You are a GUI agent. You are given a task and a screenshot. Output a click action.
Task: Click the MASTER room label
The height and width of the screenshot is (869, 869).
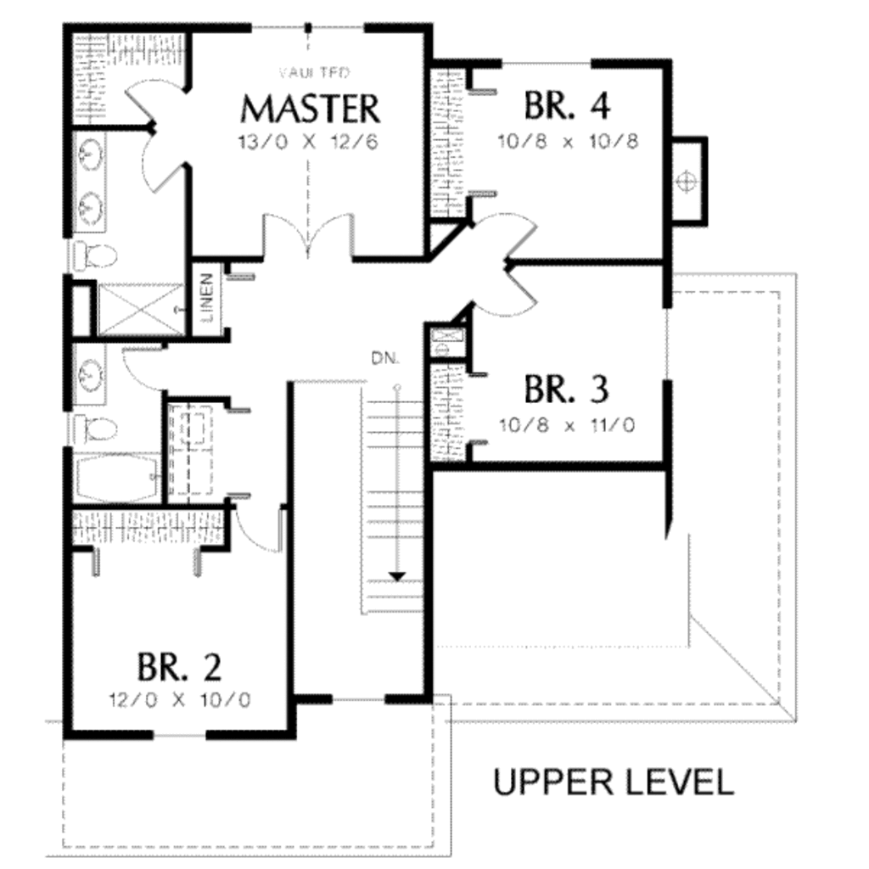(x=310, y=109)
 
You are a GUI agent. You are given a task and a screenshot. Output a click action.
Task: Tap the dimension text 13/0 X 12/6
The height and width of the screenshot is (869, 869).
(x=309, y=141)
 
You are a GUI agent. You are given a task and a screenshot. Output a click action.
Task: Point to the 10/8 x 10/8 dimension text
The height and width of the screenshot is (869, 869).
(x=568, y=140)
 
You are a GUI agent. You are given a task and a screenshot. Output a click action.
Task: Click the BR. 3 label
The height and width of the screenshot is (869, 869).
(x=566, y=390)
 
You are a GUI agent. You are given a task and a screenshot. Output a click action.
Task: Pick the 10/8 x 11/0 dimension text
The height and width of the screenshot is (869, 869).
(x=567, y=423)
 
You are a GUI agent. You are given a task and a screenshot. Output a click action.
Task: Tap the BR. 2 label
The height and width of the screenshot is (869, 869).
(x=180, y=667)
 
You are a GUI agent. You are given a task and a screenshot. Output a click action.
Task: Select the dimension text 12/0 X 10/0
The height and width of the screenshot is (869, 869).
(x=180, y=701)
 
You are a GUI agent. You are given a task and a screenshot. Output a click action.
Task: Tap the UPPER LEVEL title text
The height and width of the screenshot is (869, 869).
(x=613, y=782)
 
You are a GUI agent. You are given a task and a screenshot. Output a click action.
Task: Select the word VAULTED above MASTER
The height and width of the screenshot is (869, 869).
(x=310, y=73)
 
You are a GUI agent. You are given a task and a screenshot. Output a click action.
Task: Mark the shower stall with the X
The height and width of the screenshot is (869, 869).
(x=139, y=310)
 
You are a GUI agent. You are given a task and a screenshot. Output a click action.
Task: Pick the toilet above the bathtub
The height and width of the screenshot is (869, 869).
(x=93, y=429)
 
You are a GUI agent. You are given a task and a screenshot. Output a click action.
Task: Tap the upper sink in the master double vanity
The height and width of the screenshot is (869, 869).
(x=90, y=154)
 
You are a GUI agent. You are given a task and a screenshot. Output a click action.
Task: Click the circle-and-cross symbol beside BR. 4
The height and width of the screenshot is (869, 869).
(x=686, y=181)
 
